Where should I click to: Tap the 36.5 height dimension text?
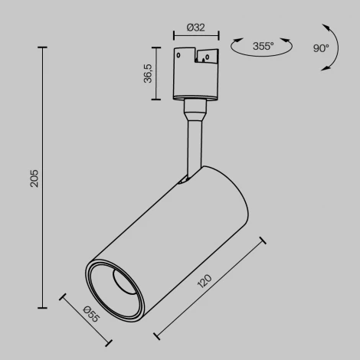[149, 74]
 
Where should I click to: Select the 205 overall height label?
[34, 178]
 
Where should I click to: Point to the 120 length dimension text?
[205, 283]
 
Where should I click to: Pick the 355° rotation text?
[263, 47]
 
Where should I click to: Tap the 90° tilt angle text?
[321, 47]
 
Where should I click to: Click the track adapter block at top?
[196, 73]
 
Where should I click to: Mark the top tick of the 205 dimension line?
[42, 47]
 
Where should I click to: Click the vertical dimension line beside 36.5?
[157, 74]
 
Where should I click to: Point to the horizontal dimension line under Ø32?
[196, 35]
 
